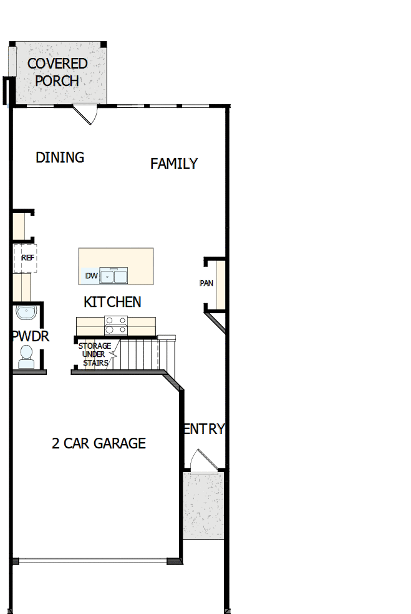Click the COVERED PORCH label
57,72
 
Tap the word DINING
60,158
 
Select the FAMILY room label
174,164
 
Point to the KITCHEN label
112,302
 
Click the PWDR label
30,337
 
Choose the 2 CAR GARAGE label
99,443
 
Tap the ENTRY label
203,429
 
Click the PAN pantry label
206,283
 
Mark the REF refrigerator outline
26,258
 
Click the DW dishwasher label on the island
91,276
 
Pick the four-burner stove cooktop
115,325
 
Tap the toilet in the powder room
26,357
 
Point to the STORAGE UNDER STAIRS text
95,354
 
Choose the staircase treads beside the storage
140,354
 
